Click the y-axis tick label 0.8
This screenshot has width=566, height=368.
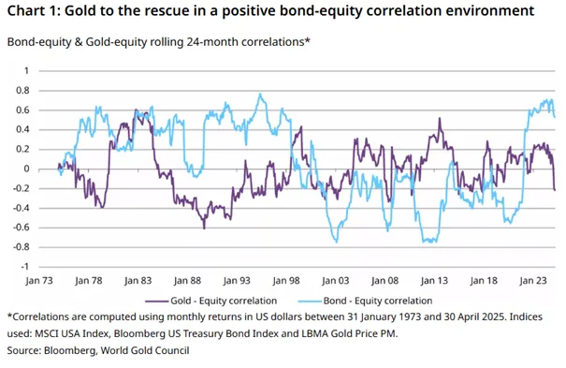pos(22,90)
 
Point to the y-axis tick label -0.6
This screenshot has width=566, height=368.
pos(21,228)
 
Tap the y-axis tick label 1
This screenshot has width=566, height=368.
pos(26,70)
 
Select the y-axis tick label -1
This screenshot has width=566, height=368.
pos(25,267)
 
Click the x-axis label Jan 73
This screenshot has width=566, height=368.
pos(39,281)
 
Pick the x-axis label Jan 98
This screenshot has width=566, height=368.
pos(286,281)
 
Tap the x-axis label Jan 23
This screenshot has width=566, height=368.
pos(533,281)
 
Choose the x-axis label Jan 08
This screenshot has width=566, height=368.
pos(385,281)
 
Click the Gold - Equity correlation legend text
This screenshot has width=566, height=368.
pos(224,301)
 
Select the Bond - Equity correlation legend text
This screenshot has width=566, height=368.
pos(378,301)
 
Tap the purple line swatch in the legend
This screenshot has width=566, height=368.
pos(156,301)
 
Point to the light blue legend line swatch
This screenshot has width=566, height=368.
pos(310,301)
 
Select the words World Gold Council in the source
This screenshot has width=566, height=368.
pos(145,350)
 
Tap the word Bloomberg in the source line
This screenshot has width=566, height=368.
pos(70,350)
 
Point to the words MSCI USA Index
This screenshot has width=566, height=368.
pos(72,333)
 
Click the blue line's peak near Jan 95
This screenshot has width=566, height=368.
pos(260,94)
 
